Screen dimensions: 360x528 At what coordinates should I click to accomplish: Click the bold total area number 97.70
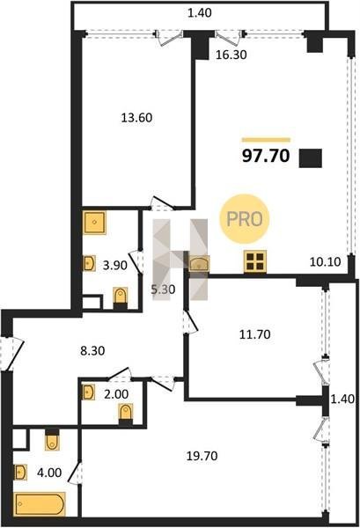click(x=266, y=156)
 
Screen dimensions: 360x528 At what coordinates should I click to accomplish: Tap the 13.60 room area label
click(x=136, y=118)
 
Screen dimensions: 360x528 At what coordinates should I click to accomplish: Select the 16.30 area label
click(x=231, y=55)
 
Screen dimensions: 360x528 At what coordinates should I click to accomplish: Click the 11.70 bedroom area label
click(x=255, y=334)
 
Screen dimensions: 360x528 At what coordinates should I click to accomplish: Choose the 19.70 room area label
click(x=202, y=456)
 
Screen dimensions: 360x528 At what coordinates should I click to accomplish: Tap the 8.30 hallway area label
click(x=92, y=351)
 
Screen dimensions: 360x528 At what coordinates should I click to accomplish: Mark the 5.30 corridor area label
click(x=163, y=290)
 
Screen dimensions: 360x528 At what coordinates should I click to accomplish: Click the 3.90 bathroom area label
click(x=115, y=266)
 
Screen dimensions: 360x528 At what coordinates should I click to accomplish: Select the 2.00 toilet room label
click(x=116, y=393)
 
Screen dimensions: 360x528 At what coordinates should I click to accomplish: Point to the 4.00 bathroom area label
click(x=49, y=473)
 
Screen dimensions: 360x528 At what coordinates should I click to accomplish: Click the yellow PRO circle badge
click(x=245, y=219)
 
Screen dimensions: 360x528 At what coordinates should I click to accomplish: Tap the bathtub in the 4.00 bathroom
click(x=40, y=504)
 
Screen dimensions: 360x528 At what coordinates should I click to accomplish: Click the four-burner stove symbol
click(x=255, y=261)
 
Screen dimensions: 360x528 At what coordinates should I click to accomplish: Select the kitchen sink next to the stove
click(x=199, y=263)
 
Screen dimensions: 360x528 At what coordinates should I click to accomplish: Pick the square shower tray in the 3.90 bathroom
click(x=95, y=223)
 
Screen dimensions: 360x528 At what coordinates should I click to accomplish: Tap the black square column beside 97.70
click(x=311, y=158)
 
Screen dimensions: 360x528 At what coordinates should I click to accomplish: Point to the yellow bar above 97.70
click(x=266, y=140)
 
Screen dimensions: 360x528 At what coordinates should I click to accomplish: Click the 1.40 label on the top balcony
click(x=200, y=13)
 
